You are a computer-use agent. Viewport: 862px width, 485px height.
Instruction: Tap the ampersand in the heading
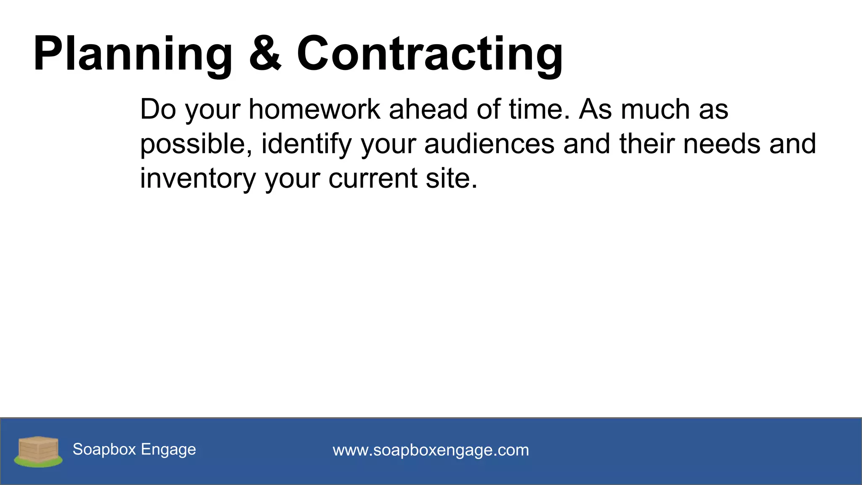point(265,54)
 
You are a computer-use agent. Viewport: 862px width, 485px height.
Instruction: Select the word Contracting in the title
point(430,54)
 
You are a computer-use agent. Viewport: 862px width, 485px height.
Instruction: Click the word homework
point(314,109)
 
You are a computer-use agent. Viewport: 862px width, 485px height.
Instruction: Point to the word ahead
point(428,109)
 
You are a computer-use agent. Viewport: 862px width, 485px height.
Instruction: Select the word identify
point(306,144)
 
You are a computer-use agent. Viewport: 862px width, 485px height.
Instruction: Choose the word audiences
point(490,144)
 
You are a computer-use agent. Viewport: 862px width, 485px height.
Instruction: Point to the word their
point(647,144)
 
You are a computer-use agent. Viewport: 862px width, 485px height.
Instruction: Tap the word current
point(372,179)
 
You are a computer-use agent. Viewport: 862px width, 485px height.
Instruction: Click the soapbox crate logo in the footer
point(38,451)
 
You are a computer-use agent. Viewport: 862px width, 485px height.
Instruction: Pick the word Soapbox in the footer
point(104,449)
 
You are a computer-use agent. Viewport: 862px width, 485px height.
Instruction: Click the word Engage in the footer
point(168,450)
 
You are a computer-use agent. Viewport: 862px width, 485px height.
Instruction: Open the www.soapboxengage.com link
point(431,450)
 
